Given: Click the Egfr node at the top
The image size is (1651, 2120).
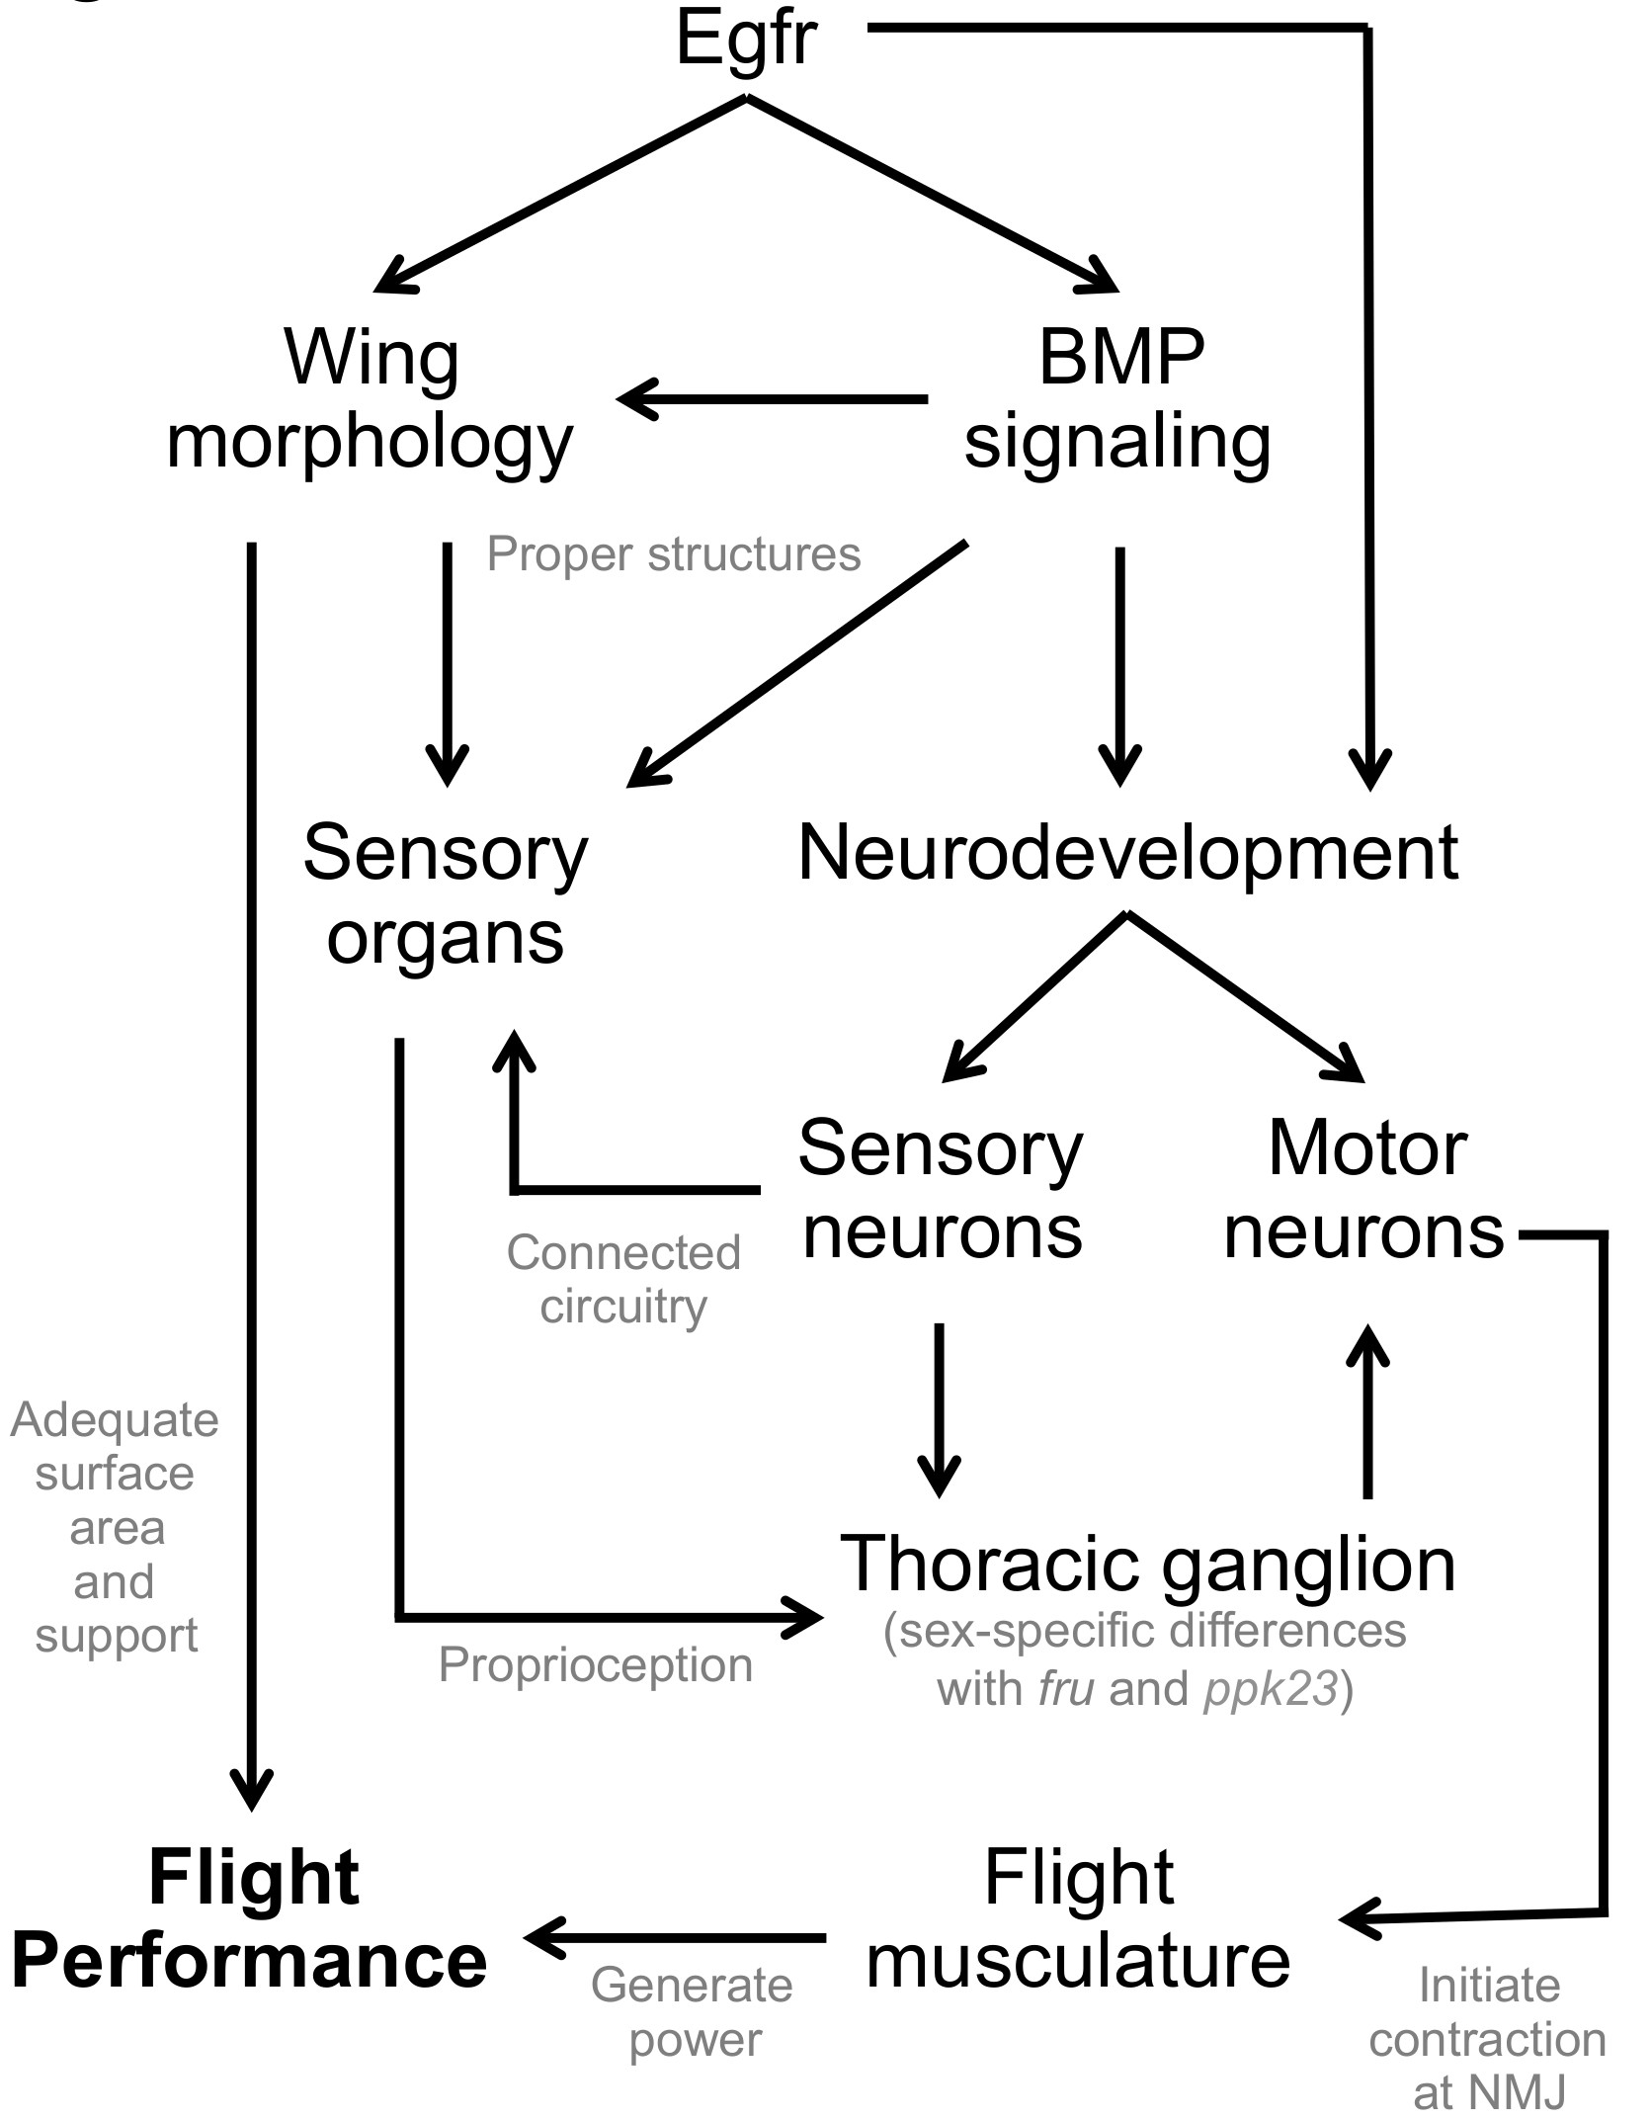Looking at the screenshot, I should [x=746, y=40].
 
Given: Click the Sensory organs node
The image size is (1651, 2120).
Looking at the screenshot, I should [x=446, y=894].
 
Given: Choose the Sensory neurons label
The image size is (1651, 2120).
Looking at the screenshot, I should [x=942, y=1190].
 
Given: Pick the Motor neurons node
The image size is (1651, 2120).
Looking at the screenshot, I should [x=1364, y=1190].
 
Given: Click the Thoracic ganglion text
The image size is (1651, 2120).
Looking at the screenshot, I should [x=1147, y=1564].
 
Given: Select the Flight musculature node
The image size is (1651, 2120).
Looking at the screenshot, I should [x=1078, y=1919].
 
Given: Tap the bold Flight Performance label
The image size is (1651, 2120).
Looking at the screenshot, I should [x=250, y=1919].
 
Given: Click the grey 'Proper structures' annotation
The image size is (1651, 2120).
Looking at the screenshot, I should [x=674, y=554].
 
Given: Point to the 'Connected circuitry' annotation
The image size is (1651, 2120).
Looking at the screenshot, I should [x=623, y=1280].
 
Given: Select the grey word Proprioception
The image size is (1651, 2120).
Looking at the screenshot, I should [x=596, y=1665].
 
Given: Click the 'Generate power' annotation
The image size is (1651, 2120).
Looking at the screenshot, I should [x=694, y=2013].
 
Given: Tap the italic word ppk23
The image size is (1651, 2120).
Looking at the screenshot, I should [x=1271, y=1689].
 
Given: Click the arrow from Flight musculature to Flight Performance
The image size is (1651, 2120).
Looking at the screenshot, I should [x=677, y=1938].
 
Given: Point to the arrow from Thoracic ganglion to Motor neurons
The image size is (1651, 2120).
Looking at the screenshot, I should [x=1368, y=1413].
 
